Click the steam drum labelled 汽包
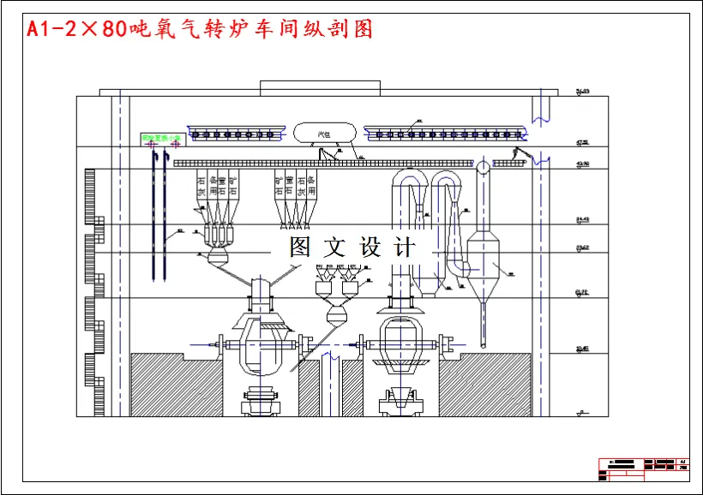(325, 133)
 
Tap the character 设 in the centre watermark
(370, 247)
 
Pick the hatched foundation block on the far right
(484, 385)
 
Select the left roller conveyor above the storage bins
(237, 134)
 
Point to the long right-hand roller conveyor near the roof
(443, 134)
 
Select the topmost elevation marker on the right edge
(583, 91)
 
